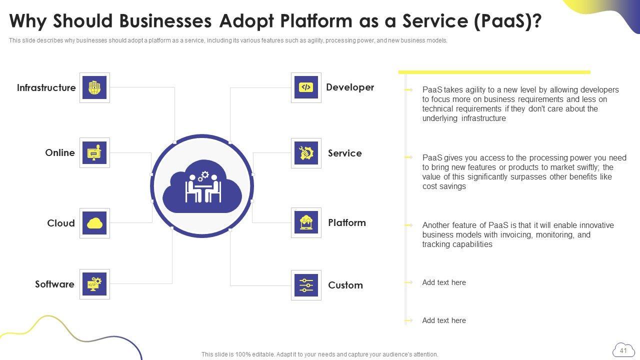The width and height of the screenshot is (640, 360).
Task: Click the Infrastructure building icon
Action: pos(94,87)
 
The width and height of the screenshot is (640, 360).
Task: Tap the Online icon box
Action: pos(94,152)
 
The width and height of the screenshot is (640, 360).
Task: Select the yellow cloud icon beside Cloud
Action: pos(94,223)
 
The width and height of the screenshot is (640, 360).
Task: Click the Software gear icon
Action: pos(94,284)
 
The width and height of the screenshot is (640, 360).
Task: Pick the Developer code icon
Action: pos(306,87)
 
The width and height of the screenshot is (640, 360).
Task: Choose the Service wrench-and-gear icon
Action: pos(306,153)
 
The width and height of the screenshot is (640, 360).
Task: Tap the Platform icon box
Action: pos(306,222)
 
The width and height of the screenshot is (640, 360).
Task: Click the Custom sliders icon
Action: pos(306,285)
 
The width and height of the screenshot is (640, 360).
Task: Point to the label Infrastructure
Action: pos(46,88)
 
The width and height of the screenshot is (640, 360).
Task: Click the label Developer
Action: pos(350,87)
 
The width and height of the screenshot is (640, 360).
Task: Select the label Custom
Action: pos(345,285)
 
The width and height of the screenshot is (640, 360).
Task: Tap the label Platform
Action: pos(347,223)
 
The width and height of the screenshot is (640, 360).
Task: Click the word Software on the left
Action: pos(54,284)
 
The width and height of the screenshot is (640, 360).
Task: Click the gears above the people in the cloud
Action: pos(203,176)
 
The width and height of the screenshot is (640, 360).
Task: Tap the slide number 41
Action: pos(623,350)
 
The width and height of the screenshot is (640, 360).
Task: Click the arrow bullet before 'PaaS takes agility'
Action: pos(408,90)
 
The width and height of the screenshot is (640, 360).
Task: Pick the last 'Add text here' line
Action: pos(444,320)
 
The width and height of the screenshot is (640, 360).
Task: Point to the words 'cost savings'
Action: pos(444,186)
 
